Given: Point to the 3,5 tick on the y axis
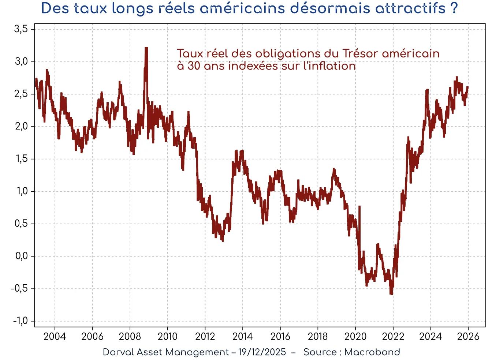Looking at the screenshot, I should click(21, 29).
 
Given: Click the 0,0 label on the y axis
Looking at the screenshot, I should click(21, 256).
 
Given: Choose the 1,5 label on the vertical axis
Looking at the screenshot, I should click(21, 159).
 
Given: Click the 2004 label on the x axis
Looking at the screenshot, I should click(55, 336).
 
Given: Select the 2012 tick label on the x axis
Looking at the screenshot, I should click(205, 336).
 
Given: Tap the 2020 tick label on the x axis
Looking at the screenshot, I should click(355, 336).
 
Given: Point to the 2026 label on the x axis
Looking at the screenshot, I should click(468, 336).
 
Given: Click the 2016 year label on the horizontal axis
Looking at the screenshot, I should click(280, 336).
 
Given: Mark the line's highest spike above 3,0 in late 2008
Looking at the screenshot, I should click(146, 48).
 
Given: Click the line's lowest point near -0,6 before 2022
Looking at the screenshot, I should click(391, 294).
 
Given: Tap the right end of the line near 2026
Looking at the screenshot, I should click(468, 87).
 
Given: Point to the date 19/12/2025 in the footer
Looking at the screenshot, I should click(262, 352).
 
